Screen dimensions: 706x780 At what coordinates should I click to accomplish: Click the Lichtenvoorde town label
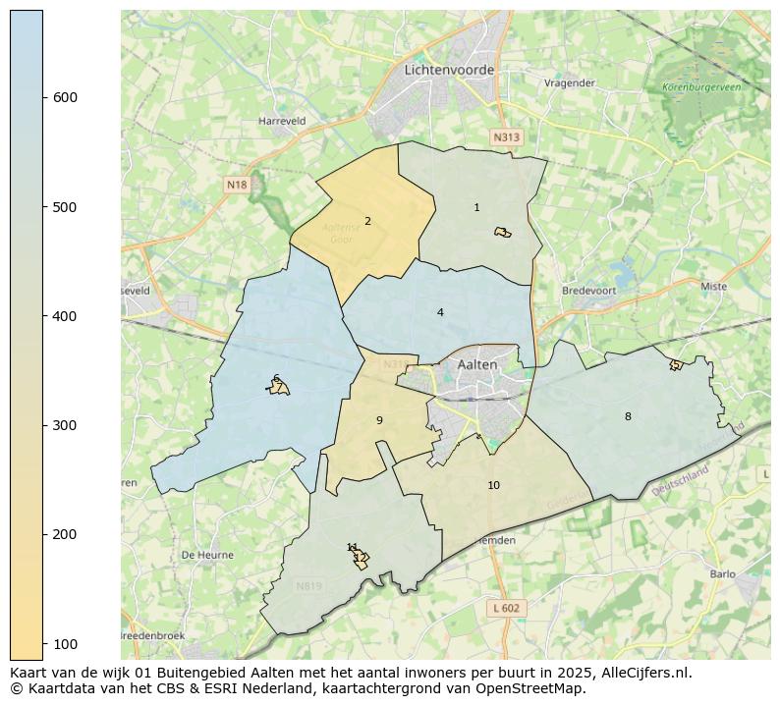pyautogui.click(x=449, y=70)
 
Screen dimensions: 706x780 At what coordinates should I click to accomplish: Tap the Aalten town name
pyautogui.click(x=477, y=364)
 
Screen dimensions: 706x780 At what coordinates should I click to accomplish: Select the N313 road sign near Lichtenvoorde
pyautogui.click(x=506, y=137)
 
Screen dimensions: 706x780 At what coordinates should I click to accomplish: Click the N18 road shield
pyautogui.click(x=237, y=185)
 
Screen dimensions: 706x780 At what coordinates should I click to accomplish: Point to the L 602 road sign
pyautogui.click(x=506, y=608)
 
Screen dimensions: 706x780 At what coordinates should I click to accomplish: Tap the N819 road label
pyautogui.click(x=308, y=586)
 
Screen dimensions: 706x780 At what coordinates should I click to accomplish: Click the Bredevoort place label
pyautogui.click(x=587, y=291)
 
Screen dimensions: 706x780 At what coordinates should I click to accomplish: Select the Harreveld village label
pyautogui.click(x=282, y=121)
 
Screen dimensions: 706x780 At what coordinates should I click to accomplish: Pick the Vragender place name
pyautogui.click(x=570, y=83)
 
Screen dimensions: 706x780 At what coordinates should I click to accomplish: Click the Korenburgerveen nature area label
pyautogui.click(x=701, y=87)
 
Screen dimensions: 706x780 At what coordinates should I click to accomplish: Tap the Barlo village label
pyautogui.click(x=722, y=574)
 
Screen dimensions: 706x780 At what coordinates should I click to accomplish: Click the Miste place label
pyautogui.click(x=713, y=286)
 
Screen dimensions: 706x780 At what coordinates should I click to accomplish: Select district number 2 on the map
pyautogui.click(x=367, y=221)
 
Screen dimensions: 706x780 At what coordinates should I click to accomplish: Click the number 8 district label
pyautogui.click(x=628, y=416)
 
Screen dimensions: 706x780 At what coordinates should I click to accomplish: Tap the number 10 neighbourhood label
pyautogui.click(x=493, y=485)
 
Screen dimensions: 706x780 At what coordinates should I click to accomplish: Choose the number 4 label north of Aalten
pyautogui.click(x=440, y=312)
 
